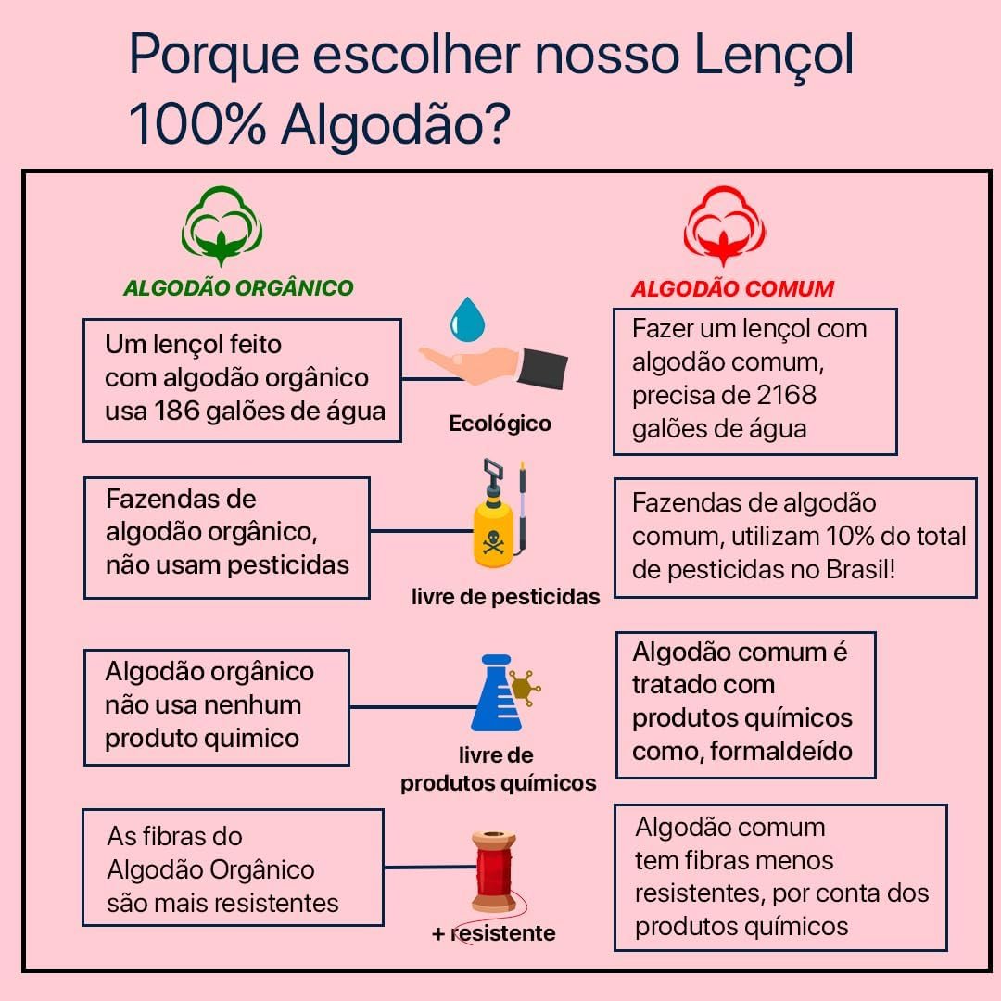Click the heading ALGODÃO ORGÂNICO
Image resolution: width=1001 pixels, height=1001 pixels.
coord(238,287)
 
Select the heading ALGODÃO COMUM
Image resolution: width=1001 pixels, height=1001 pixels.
coord(732,288)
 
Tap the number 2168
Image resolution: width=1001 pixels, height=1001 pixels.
coord(786,395)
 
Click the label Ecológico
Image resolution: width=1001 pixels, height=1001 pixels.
coord(500,424)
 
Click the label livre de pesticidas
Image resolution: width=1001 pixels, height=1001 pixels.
coord(505,597)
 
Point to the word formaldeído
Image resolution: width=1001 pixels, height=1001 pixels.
coord(781,751)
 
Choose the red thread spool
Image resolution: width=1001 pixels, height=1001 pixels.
coord(493,870)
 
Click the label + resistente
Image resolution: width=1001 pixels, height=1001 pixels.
coord(493,933)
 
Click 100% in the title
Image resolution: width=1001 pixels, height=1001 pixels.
coord(196,125)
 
